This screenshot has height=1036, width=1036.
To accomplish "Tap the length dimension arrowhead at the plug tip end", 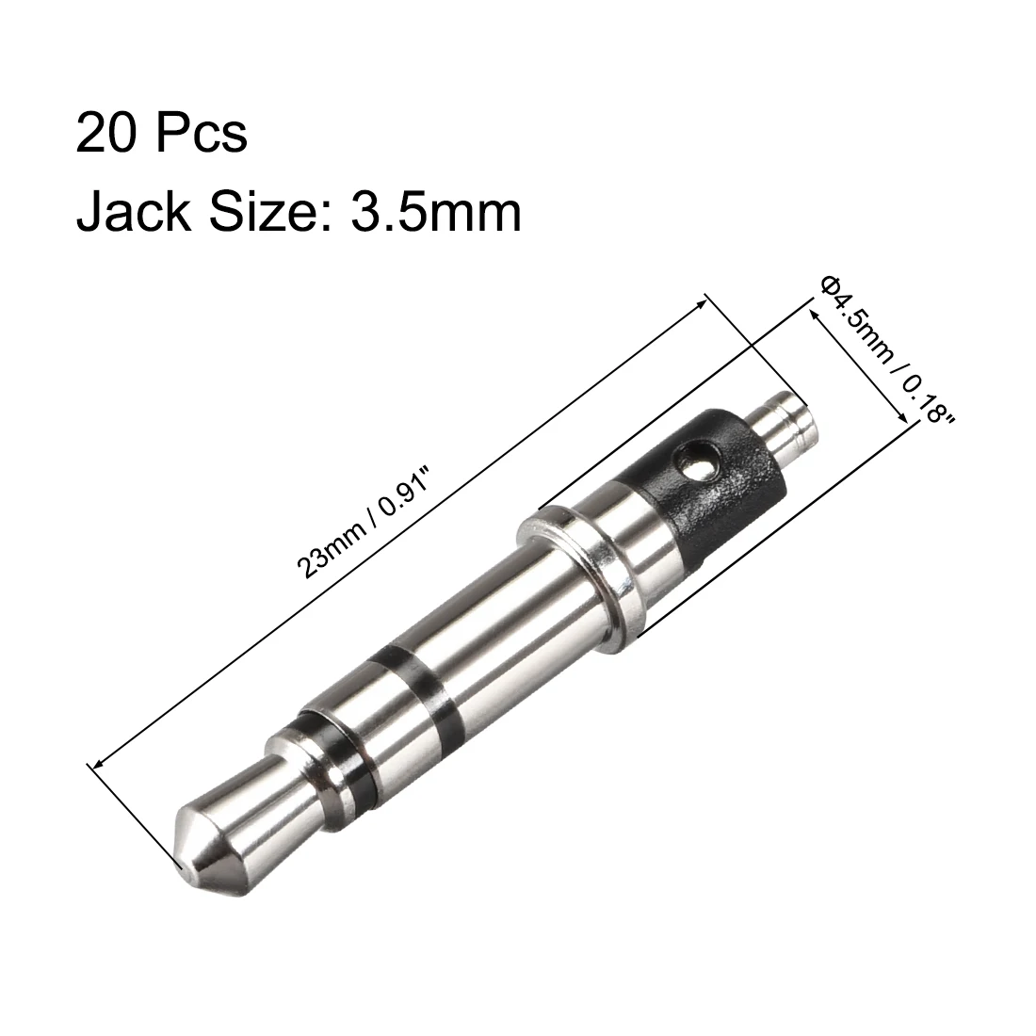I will [95, 766].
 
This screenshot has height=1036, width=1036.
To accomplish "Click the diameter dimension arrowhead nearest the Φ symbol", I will [813, 312].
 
